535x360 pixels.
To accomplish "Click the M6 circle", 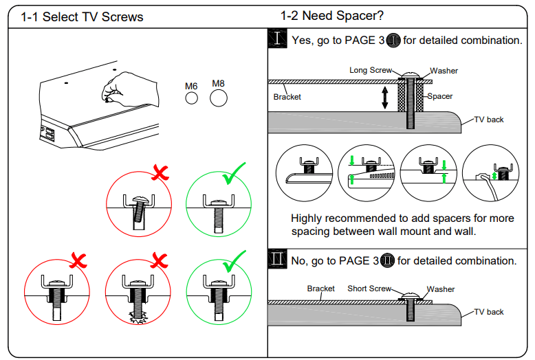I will pos(192,99).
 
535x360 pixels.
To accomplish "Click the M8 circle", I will pos(218,98).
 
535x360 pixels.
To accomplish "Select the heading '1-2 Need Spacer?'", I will pos(331,16).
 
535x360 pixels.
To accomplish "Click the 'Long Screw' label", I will pos(370,70).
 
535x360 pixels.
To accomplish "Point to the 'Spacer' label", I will pos(439,96).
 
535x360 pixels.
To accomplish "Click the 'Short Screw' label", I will pos(369,289).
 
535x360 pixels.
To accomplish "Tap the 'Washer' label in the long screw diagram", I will pos(444,71).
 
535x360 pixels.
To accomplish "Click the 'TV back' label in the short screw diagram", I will pos(488,312).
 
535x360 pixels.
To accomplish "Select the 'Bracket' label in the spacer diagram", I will pos(287,97).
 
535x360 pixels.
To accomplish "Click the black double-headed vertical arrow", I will pos(385,97).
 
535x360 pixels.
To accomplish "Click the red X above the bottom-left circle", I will pos(76,260).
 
